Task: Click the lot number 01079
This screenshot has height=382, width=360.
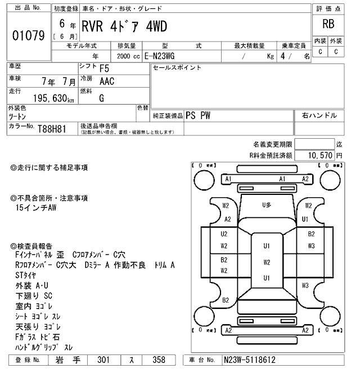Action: (x=28, y=35)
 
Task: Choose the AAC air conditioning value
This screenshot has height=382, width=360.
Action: (x=106, y=82)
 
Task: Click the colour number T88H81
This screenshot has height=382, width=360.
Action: (x=52, y=129)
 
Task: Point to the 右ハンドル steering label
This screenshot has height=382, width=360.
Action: (x=319, y=115)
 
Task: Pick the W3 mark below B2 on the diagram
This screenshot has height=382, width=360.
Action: (x=311, y=246)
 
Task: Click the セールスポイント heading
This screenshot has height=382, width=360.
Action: (x=177, y=68)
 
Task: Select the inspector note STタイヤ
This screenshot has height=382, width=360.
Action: (x=27, y=275)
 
